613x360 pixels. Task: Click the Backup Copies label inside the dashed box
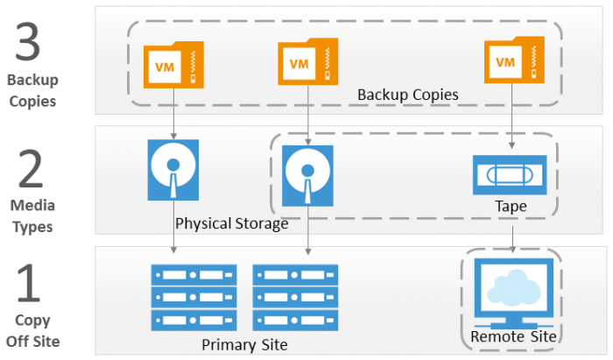[407, 94]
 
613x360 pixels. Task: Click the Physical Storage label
[231, 223]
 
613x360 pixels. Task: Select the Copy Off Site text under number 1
[32, 330]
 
